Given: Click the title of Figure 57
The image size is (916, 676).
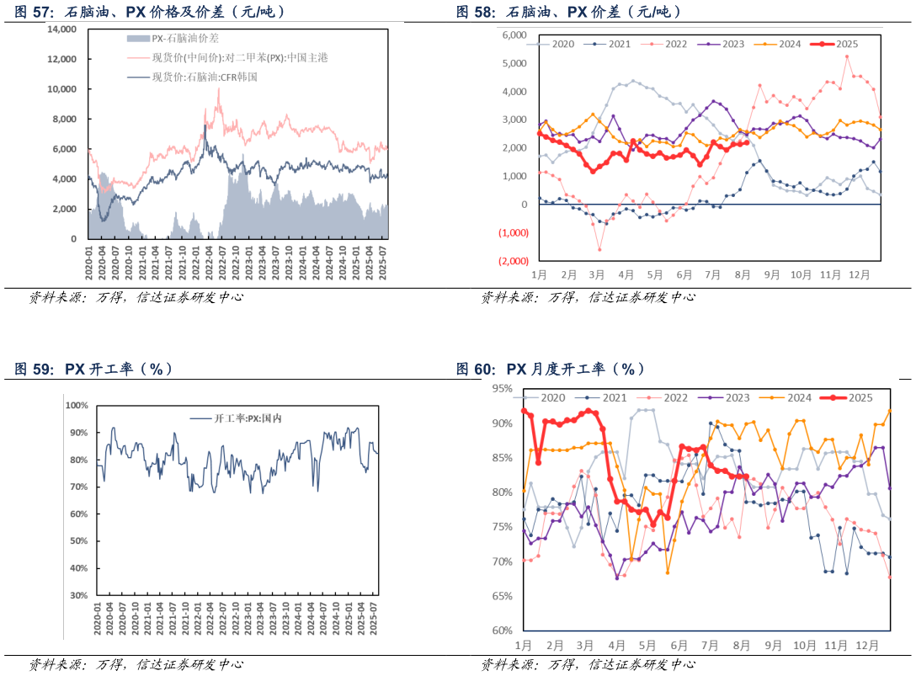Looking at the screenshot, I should (150, 12).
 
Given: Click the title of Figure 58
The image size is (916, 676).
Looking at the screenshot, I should (568, 12).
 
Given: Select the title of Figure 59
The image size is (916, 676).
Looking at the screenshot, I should (93, 369).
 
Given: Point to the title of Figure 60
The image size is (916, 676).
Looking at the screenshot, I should (551, 369).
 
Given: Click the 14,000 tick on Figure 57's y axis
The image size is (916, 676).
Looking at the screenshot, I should (62, 29).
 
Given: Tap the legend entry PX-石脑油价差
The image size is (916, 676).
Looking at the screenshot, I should (184, 39).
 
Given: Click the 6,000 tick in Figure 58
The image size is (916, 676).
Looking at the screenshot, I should (514, 35).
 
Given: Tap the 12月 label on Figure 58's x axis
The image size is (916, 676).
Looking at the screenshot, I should (859, 274).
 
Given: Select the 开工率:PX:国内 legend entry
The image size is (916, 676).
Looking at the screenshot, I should (248, 418).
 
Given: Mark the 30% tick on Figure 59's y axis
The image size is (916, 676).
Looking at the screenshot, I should (78, 595).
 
